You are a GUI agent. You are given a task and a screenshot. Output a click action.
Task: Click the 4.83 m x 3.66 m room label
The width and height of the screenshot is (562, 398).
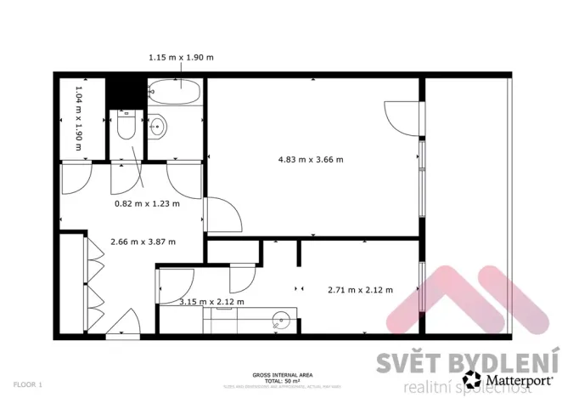coord(312,159)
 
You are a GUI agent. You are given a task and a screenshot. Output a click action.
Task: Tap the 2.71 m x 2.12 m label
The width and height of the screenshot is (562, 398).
coord(360,290)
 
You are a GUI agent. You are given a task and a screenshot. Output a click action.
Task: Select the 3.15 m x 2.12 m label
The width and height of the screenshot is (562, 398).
coord(211,302)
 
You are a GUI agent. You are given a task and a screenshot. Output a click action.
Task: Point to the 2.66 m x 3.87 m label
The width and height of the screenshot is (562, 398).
coord(143,242)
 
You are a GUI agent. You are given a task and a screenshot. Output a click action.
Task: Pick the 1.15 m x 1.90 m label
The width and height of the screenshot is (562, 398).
coord(181,57)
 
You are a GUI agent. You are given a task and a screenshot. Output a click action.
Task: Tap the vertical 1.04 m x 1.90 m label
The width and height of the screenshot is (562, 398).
coord(79,118)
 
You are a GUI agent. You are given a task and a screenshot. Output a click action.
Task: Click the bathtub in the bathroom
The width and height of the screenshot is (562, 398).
coord(174,92)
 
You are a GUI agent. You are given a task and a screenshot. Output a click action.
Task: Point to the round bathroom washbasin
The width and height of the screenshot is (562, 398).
coord(159,128)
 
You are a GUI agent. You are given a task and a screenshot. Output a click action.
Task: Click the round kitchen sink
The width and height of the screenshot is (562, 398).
coord(281,321)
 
